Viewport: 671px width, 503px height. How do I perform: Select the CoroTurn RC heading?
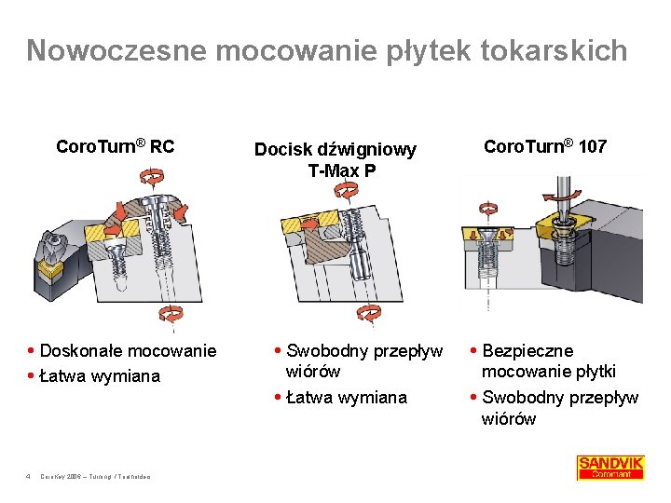pos(116,146)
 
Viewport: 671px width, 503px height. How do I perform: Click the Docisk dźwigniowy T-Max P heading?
pos(335,159)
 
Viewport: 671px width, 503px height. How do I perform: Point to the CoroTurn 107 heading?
pos(545,146)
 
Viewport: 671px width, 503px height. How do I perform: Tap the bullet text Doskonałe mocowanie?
pos(129,350)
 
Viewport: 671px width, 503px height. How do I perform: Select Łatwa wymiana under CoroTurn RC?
pos(100,375)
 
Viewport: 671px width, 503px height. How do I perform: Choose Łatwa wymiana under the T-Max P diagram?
pos(347,398)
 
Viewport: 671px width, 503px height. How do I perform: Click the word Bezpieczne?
pos(527,350)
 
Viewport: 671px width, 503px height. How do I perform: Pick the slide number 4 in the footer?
pos(29,476)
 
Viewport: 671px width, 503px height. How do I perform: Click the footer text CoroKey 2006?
pos(66,476)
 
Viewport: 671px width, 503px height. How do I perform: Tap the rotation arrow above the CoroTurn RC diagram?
pos(151,176)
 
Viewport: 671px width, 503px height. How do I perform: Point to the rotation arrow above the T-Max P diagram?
pos(346,189)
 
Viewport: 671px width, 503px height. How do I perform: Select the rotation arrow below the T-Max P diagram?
pos(370,312)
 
